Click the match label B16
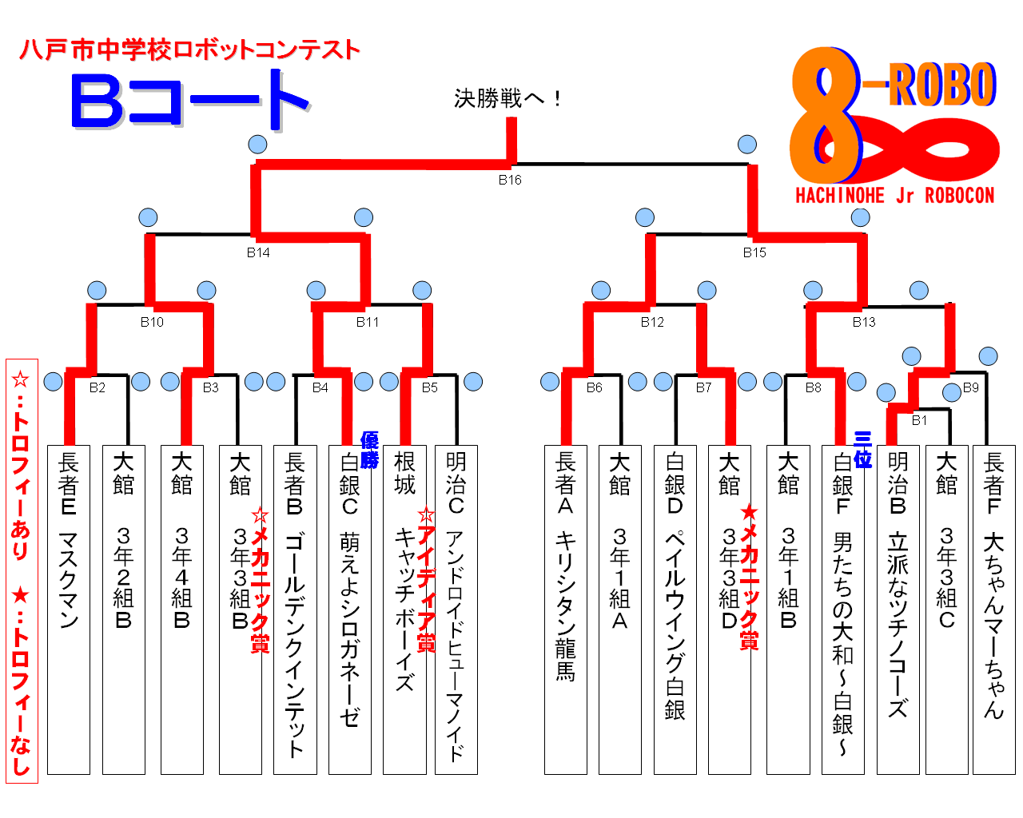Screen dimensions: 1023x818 510,180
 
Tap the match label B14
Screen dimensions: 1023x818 257,252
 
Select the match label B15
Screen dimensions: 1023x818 754,252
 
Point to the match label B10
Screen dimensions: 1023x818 152,322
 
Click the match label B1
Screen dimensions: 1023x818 919,419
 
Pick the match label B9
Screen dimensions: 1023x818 970,387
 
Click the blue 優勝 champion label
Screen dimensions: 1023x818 369,450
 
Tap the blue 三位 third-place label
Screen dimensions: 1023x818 862,449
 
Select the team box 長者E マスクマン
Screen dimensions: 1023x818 69,610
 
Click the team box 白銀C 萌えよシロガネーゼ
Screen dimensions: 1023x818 349,610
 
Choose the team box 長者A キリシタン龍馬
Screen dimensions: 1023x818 565,610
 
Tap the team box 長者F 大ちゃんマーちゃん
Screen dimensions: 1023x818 993,610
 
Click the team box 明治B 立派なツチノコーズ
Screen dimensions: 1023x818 898,610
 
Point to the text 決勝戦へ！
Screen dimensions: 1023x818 508,98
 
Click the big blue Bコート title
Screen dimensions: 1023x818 190,101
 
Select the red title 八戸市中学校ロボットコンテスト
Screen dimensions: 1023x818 190,50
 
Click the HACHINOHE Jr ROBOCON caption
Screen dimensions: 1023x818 894,196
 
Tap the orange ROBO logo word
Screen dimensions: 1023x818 942,85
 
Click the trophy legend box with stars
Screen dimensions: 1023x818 22,570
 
